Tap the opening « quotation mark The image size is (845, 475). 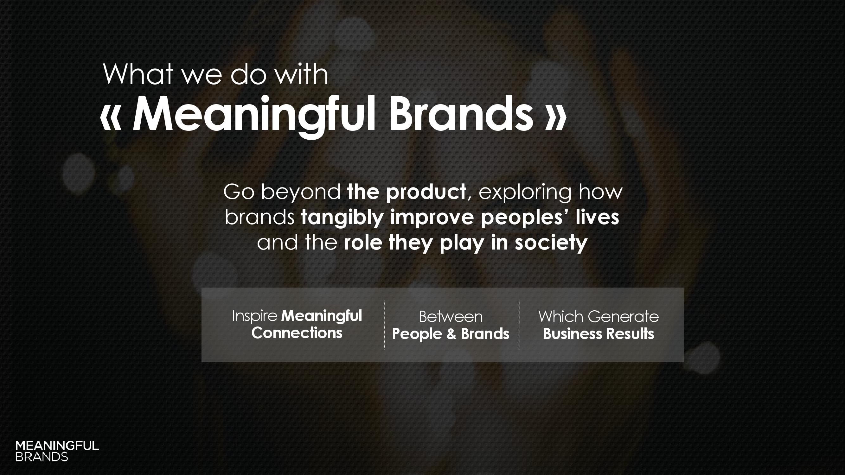click(111, 118)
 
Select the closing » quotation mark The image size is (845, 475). click(555, 118)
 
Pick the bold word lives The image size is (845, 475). click(597, 217)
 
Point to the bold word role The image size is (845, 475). click(363, 243)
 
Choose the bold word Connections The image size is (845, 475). click(297, 333)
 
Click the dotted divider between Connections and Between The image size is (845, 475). click(384, 325)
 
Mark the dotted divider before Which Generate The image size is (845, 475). click(519, 325)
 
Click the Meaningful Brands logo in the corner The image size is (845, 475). click(57, 451)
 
